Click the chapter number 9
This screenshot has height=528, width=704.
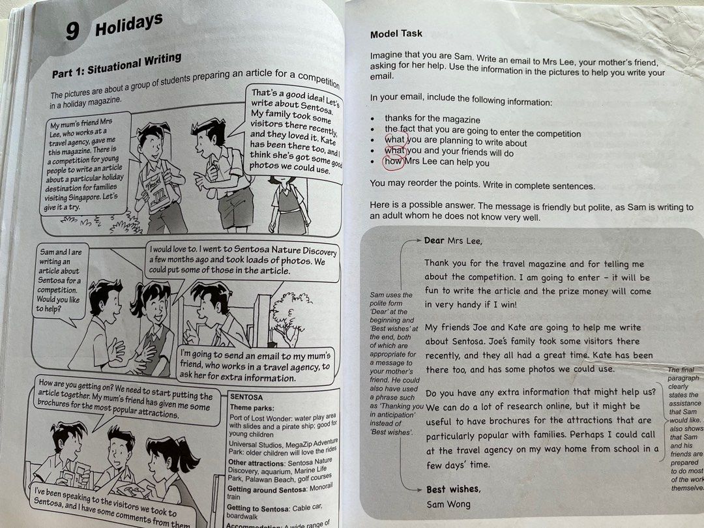[73, 31]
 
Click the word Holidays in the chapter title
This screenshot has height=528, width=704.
[128, 25]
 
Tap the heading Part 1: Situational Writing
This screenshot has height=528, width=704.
[117, 63]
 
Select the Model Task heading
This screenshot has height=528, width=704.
[396, 34]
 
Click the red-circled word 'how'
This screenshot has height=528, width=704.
[393, 162]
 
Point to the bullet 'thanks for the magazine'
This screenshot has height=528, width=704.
[432, 119]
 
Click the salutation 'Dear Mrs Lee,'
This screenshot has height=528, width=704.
[454, 241]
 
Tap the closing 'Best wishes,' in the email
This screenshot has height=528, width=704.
[453, 489]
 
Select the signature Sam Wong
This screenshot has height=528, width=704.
[448, 504]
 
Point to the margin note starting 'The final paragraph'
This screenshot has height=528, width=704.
[684, 430]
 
